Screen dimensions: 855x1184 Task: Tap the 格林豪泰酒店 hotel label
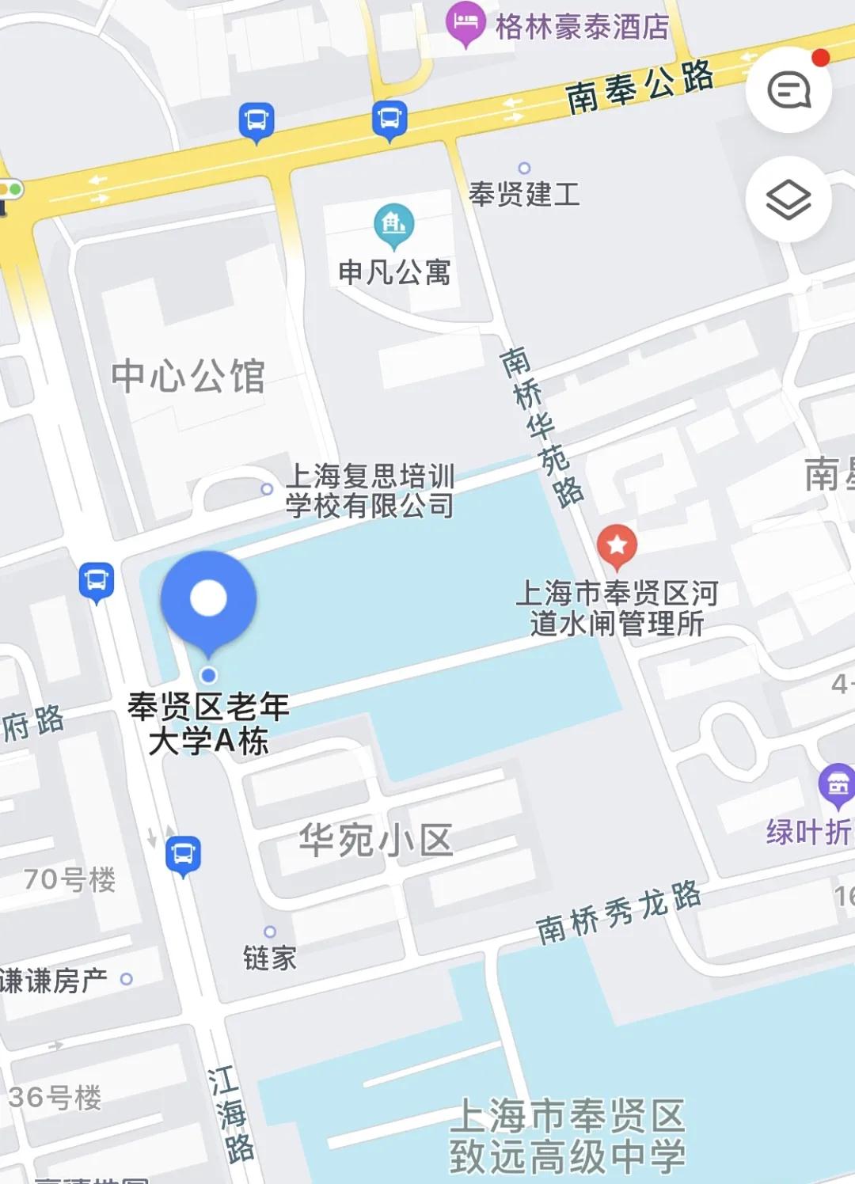point(582,27)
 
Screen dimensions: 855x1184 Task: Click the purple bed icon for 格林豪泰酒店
point(465,24)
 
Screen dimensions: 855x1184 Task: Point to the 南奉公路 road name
point(640,87)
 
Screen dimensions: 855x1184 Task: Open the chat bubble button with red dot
point(788,89)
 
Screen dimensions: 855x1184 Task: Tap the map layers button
point(788,199)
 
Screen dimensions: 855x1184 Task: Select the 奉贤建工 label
point(524,194)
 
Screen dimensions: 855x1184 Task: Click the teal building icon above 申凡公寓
point(393,224)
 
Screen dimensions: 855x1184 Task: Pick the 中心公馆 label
point(188,376)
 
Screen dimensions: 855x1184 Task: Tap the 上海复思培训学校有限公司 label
point(370,491)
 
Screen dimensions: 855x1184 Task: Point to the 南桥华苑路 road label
point(541,427)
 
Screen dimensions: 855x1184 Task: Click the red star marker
point(617,545)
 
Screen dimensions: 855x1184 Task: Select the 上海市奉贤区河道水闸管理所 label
point(617,608)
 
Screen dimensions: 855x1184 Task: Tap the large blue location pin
point(208,599)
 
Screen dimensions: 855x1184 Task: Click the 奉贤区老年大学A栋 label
point(208,723)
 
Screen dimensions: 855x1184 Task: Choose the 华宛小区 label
point(375,840)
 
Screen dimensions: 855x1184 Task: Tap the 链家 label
point(269,958)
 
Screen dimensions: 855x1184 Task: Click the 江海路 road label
point(230,1114)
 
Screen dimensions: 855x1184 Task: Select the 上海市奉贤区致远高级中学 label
point(567,1137)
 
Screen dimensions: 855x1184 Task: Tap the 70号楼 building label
point(70,879)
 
